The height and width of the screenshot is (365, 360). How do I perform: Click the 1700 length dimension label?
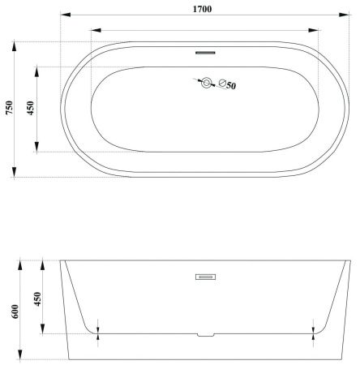tap(202, 9)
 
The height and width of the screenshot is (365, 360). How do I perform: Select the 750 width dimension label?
tap(10, 107)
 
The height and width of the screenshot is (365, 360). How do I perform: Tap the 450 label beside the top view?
tap(31, 108)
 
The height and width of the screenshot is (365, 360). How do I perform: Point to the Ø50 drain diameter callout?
tap(228, 84)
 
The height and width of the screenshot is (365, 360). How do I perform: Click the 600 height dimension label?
tap(15, 311)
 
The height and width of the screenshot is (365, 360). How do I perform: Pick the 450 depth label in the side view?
tap(38, 298)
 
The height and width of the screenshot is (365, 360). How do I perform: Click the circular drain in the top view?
tap(207, 83)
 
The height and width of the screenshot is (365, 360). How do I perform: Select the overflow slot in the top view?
tap(205, 53)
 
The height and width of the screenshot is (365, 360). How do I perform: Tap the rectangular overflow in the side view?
tap(205, 277)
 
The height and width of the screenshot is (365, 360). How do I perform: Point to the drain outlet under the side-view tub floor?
tap(206, 335)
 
